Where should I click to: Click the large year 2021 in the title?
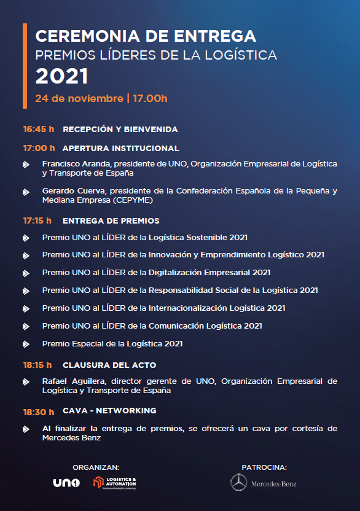click(62, 76)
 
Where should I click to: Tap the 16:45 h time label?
click(39, 130)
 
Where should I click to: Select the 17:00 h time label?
click(39, 148)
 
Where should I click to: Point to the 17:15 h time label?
click(37, 220)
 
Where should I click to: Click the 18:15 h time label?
click(37, 365)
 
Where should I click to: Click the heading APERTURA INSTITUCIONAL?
click(120, 148)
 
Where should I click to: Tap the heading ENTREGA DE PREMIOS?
click(111, 220)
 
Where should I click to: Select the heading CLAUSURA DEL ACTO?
click(109, 365)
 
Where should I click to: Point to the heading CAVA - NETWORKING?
click(109, 410)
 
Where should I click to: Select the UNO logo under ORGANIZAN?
click(66, 483)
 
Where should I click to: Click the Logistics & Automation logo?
click(115, 483)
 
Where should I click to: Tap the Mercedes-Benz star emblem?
click(238, 483)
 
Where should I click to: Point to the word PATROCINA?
click(264, 467)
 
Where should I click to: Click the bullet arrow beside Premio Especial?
click(26, 345)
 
